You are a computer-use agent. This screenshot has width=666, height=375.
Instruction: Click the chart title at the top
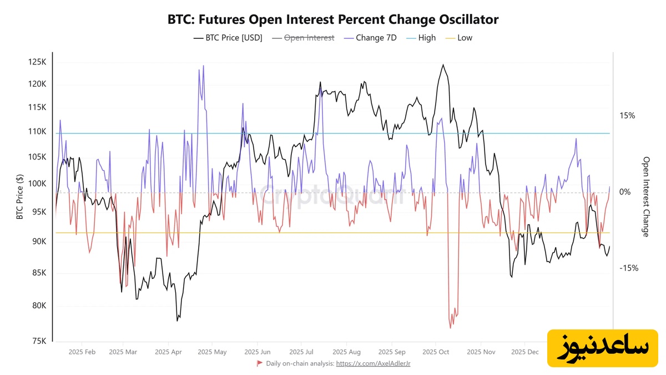333,19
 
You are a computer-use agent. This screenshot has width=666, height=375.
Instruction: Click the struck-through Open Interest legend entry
309,38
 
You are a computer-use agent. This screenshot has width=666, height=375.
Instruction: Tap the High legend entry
421,38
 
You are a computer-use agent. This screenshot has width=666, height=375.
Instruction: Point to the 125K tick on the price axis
37,62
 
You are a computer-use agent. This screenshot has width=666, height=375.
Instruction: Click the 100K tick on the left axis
37,184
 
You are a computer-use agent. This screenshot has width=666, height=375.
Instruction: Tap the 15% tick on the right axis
627,116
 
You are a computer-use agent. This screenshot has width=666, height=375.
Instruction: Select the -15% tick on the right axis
628,268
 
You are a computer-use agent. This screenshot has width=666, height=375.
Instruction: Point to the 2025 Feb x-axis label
82,352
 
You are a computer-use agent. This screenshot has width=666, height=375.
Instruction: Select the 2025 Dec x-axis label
524,352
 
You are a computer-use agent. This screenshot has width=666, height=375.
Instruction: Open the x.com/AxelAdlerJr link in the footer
373,363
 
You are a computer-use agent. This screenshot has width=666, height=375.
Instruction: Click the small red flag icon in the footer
259,363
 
